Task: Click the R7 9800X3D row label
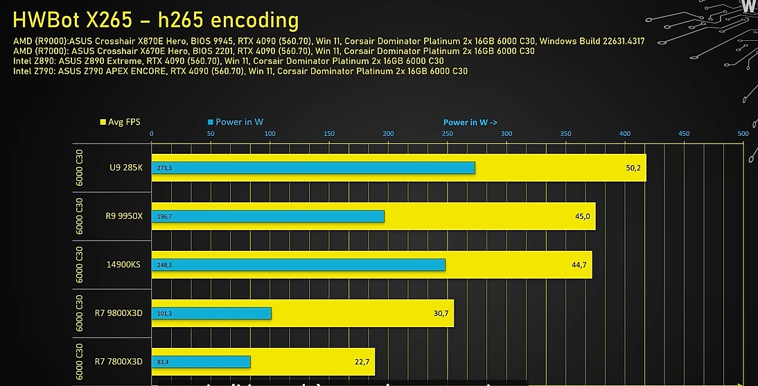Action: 118,313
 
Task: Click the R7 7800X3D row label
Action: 118,362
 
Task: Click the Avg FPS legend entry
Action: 121,122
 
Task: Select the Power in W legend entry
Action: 236,122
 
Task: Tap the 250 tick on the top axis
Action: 448,134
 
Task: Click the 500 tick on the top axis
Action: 743,134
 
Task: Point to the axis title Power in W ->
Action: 470,123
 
